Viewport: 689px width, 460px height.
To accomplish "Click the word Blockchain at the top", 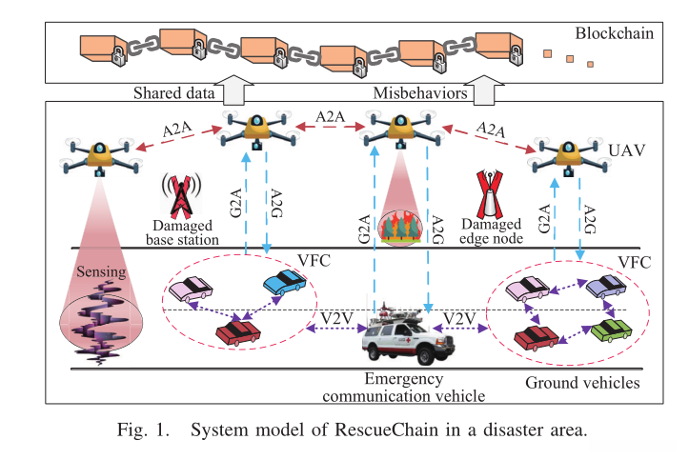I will (x=614, y=34).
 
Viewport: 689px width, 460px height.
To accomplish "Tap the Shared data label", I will (x=170, y=95).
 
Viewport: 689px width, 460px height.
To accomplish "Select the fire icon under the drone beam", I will (x=398, y=227).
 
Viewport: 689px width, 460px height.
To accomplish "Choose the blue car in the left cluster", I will (x=284, y=282).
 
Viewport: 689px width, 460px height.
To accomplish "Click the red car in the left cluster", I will (x=238, y=332).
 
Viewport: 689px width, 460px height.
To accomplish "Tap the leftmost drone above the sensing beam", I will (x=99, y=156).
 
